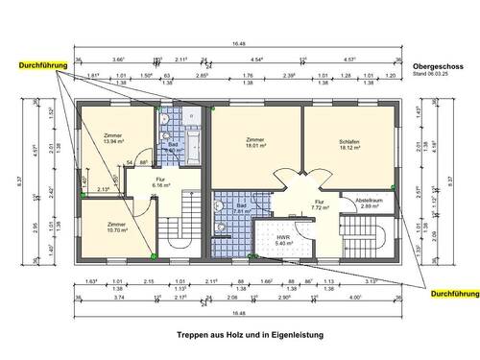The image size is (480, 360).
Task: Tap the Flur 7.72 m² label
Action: click(x=321, y=203)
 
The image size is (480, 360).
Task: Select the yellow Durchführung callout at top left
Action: click(x=36, y=64)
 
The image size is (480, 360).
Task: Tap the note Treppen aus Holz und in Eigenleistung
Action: click(x=244, y=336)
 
